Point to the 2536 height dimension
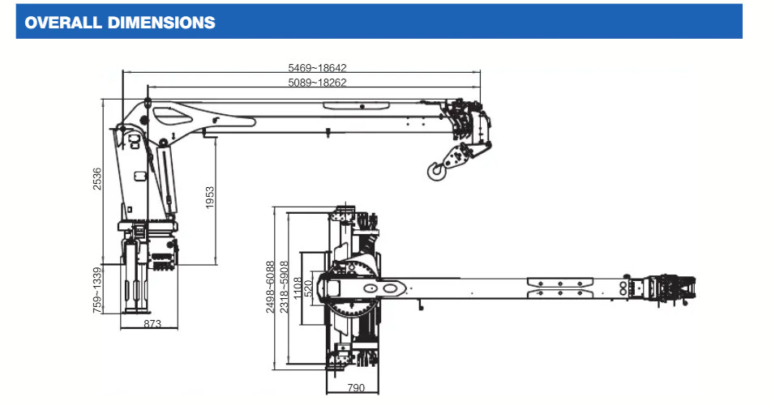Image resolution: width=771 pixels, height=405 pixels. click(x=98, y=180)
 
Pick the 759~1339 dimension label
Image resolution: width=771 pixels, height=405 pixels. click(x=97, y=290)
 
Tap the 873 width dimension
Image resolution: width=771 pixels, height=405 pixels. click(x=152, y=324)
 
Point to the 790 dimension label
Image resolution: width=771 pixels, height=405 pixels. click(x=356, y=388)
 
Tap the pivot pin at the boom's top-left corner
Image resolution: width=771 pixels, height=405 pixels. click(x=148, y=102)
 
